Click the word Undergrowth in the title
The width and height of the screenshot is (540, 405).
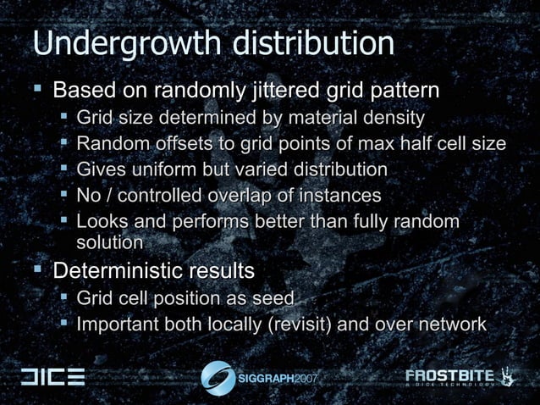pyautogui.click(x=115, y=44)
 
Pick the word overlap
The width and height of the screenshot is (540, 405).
pyautogui.click(x=240, y=196)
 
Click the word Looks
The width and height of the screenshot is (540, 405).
pyautogui.click(x=102, y=222)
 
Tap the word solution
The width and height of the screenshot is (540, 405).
pyautogui.click(x=109, y=242)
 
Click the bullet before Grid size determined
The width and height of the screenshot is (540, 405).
pyautogui.click(x=64, y=117)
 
